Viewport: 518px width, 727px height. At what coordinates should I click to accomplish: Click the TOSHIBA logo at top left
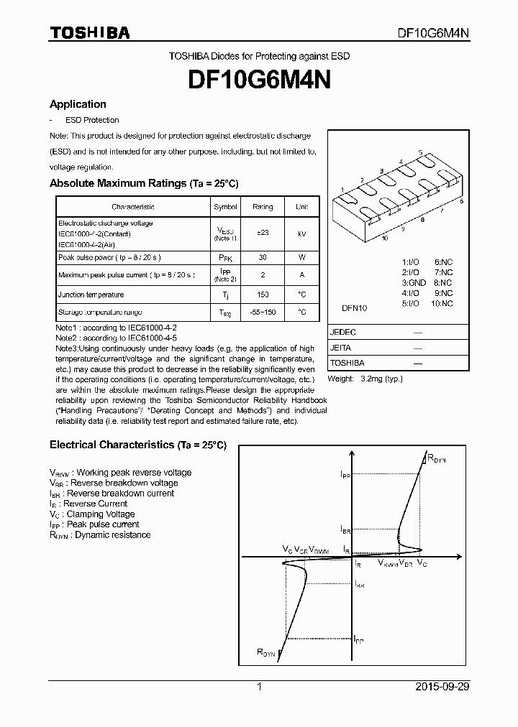(89, 33)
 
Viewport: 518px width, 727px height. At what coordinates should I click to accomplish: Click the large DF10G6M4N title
(259, 80)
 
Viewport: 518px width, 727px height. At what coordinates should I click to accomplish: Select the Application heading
(78, 104)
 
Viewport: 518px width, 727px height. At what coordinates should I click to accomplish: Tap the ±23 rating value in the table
(263, 233)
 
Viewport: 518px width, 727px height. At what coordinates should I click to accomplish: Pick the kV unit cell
(301, 233)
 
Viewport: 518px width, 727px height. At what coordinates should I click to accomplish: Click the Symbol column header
(225, 207)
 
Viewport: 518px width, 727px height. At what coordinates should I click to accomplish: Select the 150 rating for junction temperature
(263, 295)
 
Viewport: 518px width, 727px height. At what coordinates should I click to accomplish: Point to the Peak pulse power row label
(109, 257)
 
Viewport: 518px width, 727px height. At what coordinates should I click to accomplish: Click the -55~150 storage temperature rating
(263, 312)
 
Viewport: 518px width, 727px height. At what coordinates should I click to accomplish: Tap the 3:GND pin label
(414, 283)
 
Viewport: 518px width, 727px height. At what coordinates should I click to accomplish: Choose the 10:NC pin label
(442, 303)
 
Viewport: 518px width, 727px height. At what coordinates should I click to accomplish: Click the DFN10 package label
(354, 307)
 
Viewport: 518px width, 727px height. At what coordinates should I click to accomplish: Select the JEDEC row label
(343, 333)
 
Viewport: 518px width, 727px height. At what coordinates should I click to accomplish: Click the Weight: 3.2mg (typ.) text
(365, 379)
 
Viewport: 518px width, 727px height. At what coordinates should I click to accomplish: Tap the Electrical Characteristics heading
(137, 445)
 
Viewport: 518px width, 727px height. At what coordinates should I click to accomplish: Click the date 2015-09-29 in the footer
(442, 687)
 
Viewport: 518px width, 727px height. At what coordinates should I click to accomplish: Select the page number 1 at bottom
(259, 687)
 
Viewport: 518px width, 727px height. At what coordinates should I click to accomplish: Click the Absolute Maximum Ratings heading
(143, 184)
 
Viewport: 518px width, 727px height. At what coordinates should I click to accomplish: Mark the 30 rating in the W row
(263, 257)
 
